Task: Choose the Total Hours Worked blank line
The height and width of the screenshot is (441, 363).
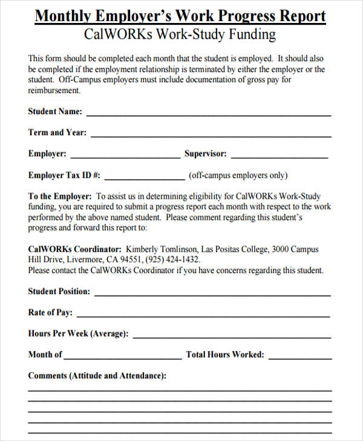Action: [x=299, y=356]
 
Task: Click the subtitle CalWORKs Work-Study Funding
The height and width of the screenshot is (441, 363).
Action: [x=181, y=35]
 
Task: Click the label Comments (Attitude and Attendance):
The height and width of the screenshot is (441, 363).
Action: [x=97, y=376]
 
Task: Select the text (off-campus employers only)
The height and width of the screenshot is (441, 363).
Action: [x=238, y=176]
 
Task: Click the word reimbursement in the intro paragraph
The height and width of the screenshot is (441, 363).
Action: [x=54, y=91]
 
